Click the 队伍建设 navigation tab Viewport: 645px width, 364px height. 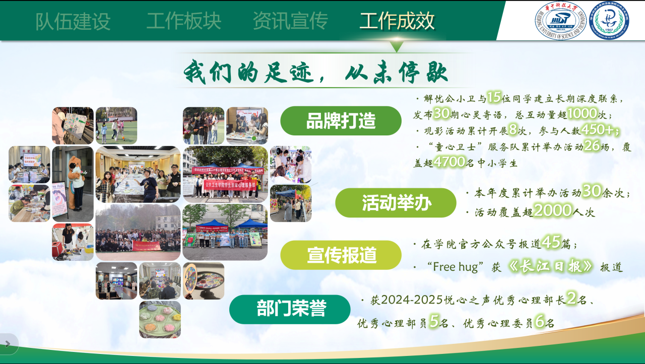click(73, 21)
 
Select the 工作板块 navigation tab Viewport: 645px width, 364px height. click(184, 21)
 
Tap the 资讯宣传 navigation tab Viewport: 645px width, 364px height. click(290, 21)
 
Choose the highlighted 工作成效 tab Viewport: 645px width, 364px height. click(397, 21)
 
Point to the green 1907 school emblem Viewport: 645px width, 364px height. click(609, 21)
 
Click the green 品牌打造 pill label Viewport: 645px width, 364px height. click(341, 121)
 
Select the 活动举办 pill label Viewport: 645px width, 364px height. click(396, 203)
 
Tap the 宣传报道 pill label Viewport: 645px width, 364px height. click(341, 255)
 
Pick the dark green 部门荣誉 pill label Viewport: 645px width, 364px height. click(290, 309)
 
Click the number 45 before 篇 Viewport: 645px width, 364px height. click(551, 243)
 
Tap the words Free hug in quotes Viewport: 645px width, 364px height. click(455, 267)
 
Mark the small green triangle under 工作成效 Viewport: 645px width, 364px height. click(397, 46)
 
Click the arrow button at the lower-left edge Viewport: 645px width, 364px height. click(8, 344)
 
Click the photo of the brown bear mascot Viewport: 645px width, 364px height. click(73, 184)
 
